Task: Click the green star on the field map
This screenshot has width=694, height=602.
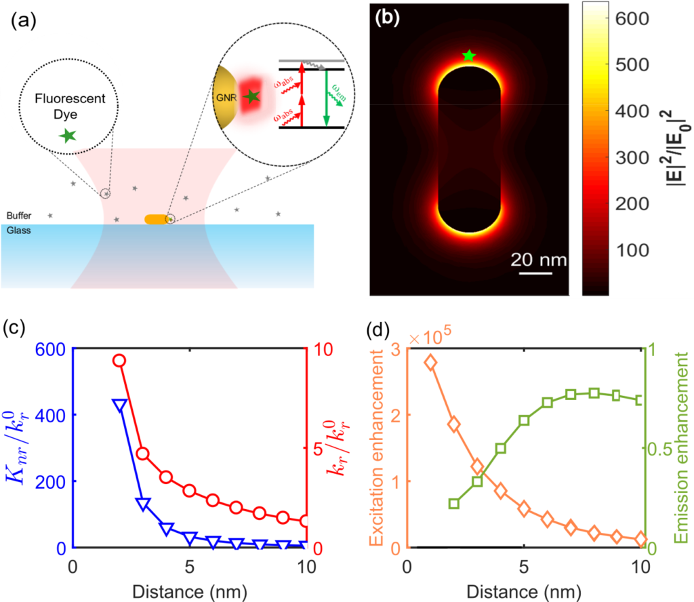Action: [468, 56]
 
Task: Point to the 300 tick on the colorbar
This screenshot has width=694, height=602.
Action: [629, 157]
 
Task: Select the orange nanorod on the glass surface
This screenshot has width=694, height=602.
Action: [157, 219]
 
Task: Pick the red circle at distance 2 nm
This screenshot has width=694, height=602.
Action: [119, 361]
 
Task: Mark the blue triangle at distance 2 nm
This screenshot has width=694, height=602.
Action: [119, 405]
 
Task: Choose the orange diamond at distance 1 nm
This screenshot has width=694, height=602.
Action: [430, 363]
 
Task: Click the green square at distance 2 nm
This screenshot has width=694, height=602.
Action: [454, 504]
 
